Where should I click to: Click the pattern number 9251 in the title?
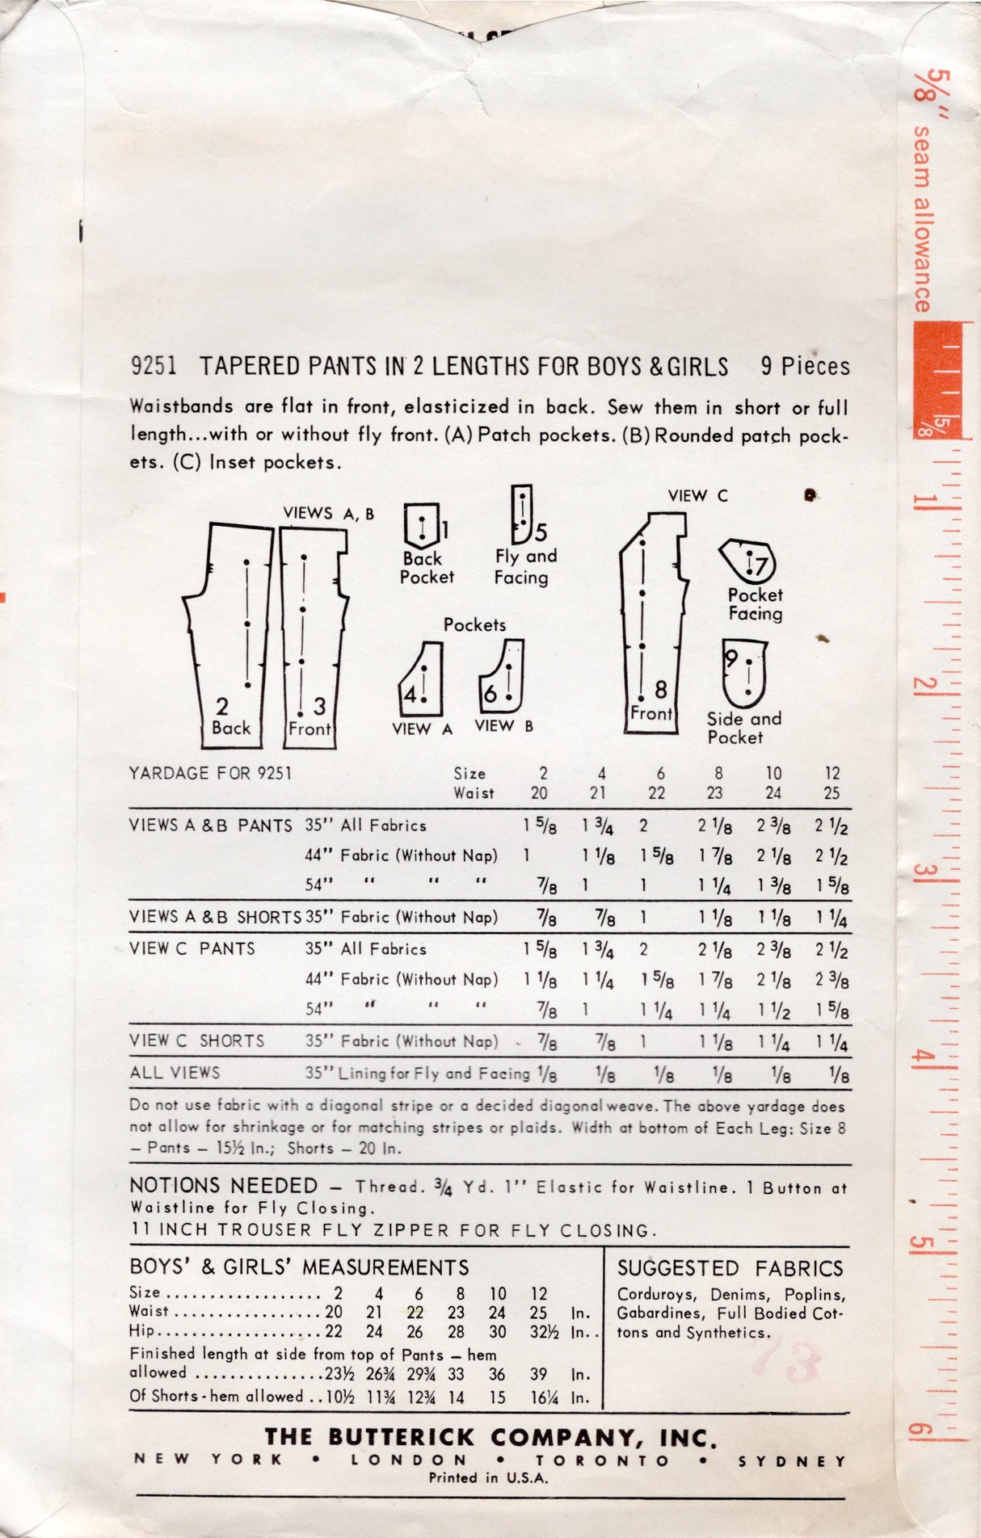[x=153, y=367]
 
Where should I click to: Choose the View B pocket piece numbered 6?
[x=503, y=675]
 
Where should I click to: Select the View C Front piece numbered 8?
[x=650, y=630]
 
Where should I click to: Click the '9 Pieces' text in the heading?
[x=804, y=367]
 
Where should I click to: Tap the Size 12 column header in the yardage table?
[x=832, y=773]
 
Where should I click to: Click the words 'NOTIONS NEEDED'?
[x=224, y=1186]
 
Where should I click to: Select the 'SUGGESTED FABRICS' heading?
[x=730, y=1268]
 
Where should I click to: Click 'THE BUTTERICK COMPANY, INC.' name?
[x=490, y=1437]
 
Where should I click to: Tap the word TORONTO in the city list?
[x=603, y=1460]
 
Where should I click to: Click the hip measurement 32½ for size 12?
[x=539, y=1332]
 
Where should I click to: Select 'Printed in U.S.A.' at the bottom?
[x=488, y=1477]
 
